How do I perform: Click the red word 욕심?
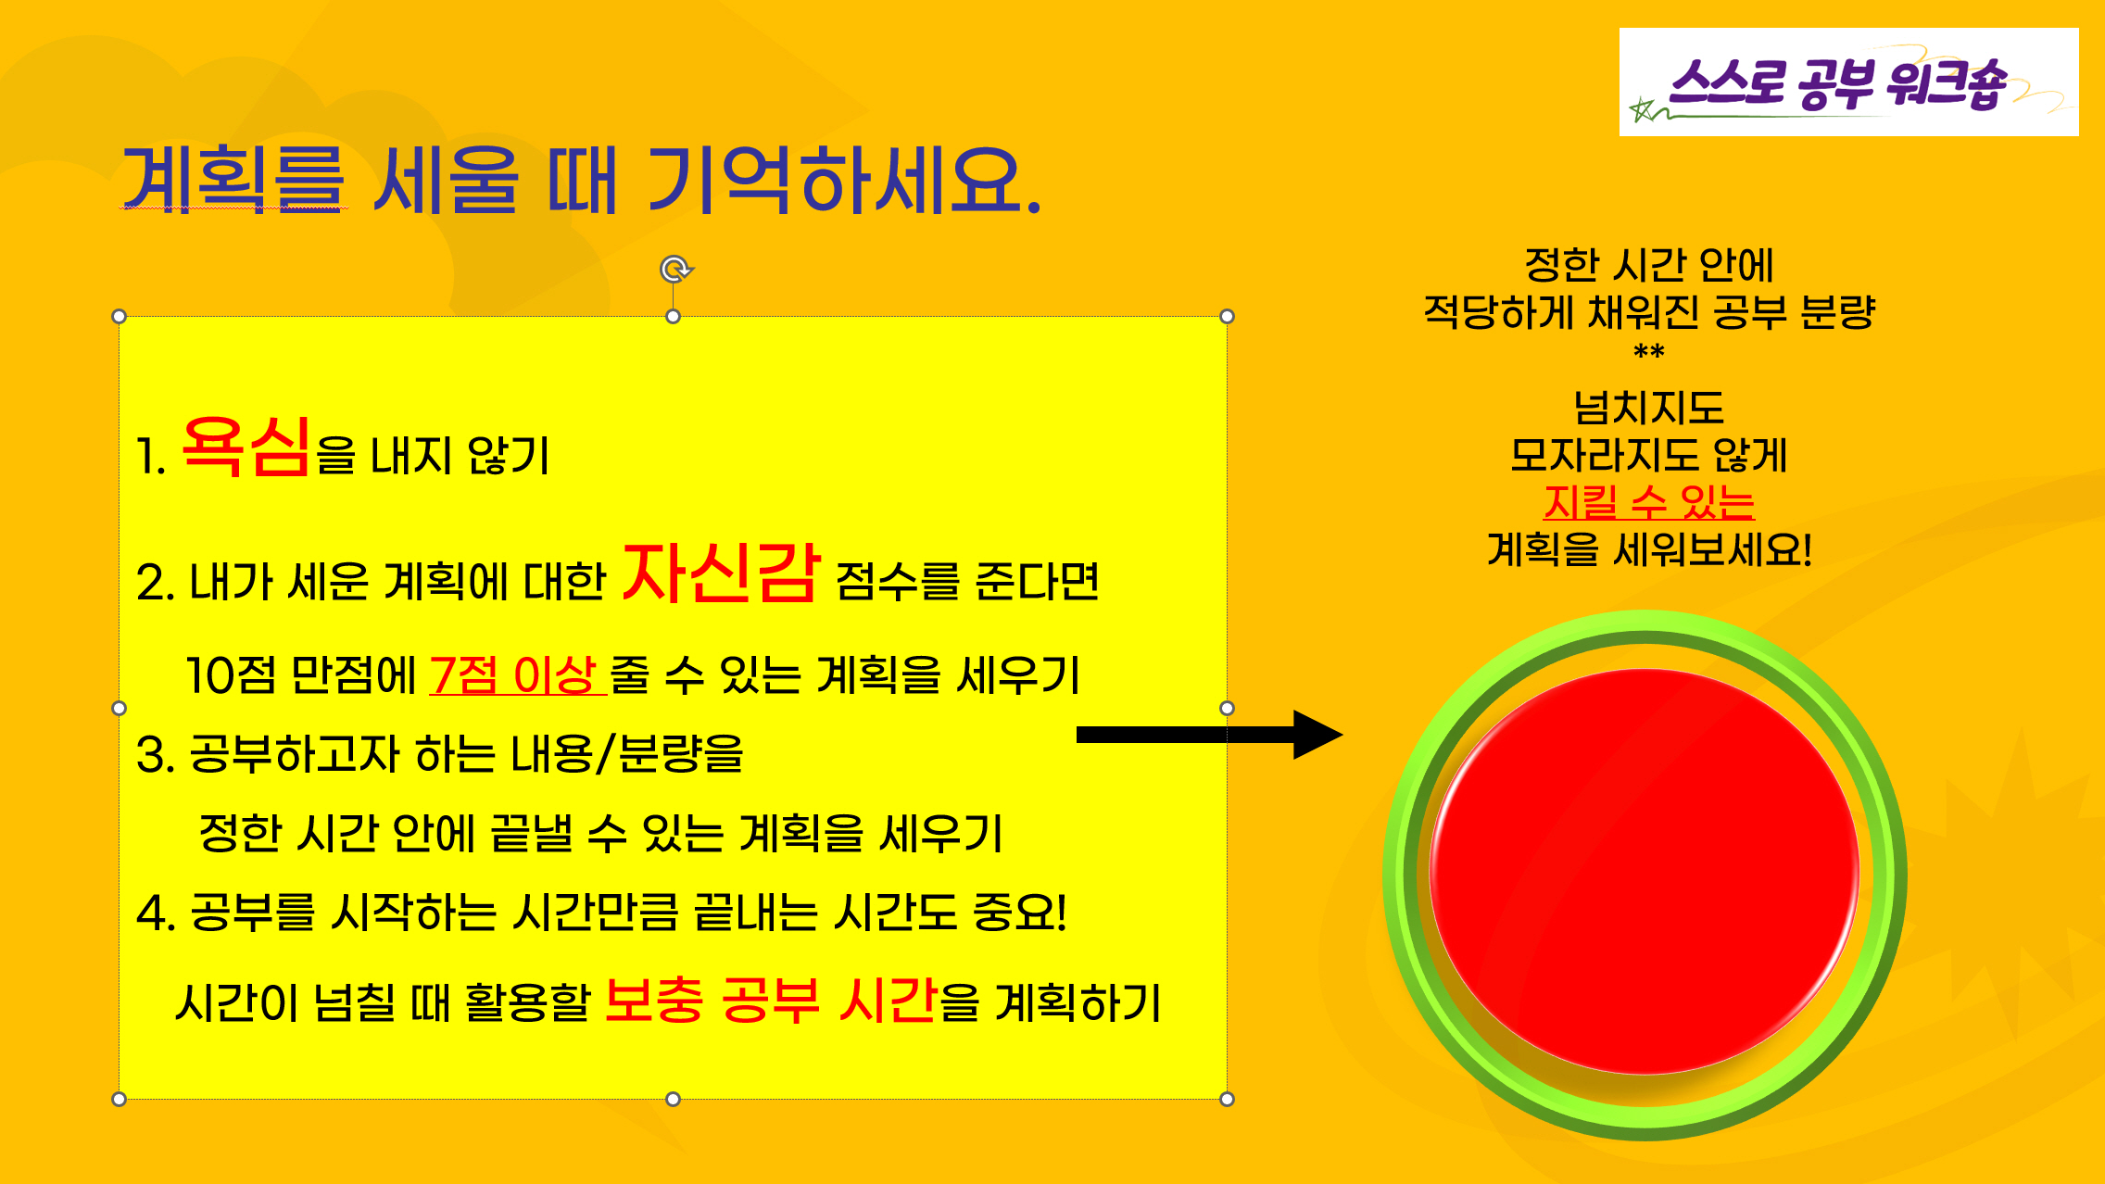tap(246, 447)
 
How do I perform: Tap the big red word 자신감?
tap(722, 572)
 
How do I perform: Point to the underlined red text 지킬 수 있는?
tap(1649, 501)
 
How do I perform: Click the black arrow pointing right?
tap(1209, 735)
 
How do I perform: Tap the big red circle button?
tap(1645, 872)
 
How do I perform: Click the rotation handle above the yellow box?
tap(675, 269)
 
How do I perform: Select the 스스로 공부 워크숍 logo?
tap(1848, 82)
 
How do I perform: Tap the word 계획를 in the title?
tap(233, 180)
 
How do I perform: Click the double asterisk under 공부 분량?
tap(1649, 352)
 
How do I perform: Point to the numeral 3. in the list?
tap(155, 755)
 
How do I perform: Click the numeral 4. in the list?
tap(156, 913)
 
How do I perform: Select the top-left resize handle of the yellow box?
tap(119, 316)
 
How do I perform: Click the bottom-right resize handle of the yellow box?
tap(1227, 1099)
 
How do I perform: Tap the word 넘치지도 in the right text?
tap(1649, 408)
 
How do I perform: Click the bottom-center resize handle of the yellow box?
tap(673, 1099)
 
